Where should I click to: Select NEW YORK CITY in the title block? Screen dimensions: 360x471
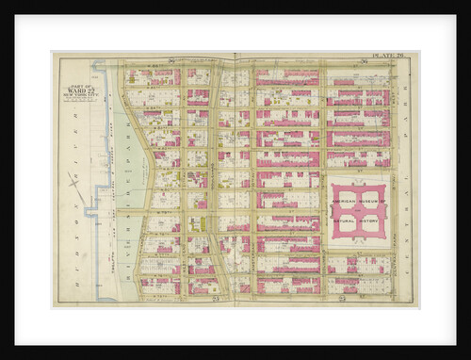pyautogui.click(x=78, y=97)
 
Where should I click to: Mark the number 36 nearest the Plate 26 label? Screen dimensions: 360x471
pyautogui.click(x=364, y=62)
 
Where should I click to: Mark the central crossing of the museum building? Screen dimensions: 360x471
pyautogui.click(x=359, y=211)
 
